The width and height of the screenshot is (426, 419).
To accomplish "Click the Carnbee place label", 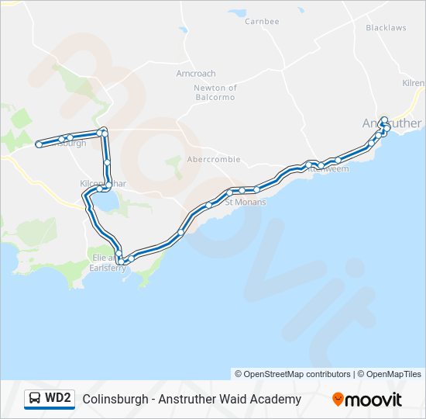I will [x=262, y=22].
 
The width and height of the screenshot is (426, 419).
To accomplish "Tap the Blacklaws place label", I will [x=386, y=27].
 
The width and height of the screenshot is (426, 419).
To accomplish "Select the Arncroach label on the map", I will [x=196, y=74].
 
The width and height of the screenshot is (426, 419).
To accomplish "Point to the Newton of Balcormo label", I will [x=215, y=92].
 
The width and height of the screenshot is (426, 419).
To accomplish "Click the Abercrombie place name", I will [x=214, y=160].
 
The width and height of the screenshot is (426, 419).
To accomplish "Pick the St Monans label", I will [x=246, y=203].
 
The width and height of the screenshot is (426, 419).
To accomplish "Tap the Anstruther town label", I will [x=392, y=123].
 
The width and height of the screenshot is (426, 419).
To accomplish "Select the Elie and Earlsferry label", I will [x=105, y=261].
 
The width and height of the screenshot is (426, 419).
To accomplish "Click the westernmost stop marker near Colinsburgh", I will [x=39, y=144].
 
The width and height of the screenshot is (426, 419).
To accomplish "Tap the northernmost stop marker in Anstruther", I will [x=384, y=119].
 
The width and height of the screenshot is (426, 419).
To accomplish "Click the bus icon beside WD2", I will [x=35, y=399].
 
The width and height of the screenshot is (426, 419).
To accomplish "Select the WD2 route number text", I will [x=58, y=399].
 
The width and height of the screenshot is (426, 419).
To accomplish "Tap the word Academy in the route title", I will [x=277, y=400].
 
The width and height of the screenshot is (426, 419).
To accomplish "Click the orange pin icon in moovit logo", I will [x=338, y=400].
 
